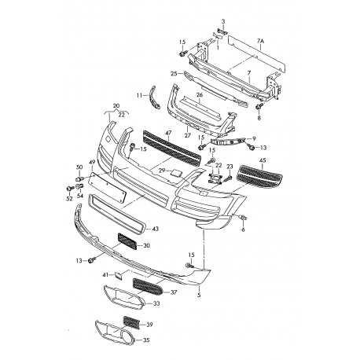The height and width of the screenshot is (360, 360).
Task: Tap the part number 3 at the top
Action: (222, 20)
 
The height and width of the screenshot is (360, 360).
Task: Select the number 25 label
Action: (174, 74)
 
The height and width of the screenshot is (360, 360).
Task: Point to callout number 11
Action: (141, 95)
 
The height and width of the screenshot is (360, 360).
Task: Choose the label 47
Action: (146, 135)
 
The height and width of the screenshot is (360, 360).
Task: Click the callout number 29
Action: (161, 171)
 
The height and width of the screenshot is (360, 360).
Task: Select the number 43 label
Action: (155, 229)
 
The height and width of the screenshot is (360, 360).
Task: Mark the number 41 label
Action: (105, 274)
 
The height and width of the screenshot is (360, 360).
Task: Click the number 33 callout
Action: (156, 304)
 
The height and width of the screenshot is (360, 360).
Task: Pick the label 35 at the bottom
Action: (145, 341)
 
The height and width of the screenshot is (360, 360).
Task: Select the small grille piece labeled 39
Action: (134, 323)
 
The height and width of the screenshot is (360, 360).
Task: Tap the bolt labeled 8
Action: (258, 106)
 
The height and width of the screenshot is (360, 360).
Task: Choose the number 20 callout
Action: (116, 105)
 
